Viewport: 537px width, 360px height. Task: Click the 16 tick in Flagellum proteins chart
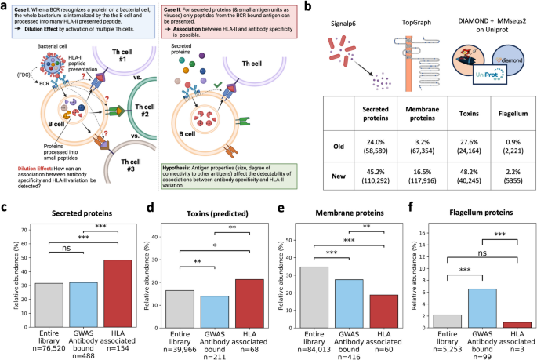pyautogui.click(x=423, y=232)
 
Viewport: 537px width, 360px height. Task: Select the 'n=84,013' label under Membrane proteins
pyautogui.click(x=314, y=351)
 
